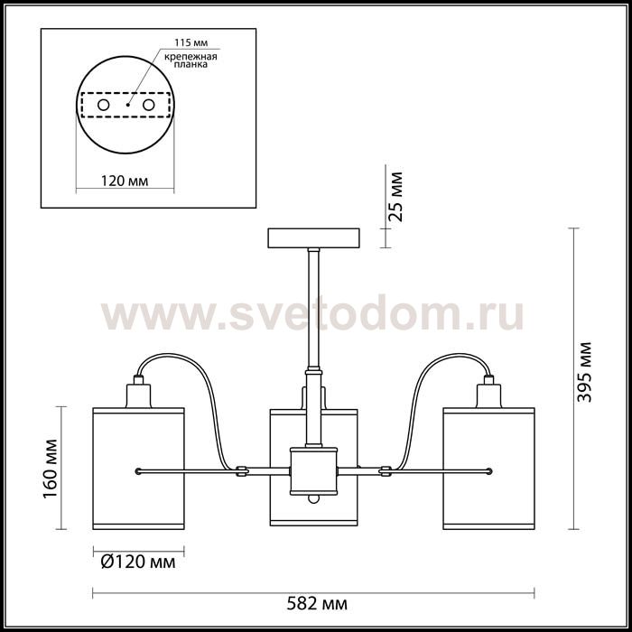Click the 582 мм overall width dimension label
tap(317, 604)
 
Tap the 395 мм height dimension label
tap(584, 372)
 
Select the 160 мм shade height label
tap(51, 469)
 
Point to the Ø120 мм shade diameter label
tap(138, 562)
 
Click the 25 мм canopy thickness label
tap(395, 197)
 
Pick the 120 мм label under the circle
tap(125, 181)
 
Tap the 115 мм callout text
tap(191, 42)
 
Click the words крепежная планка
tap(191, 60)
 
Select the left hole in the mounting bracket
tap(104, 106)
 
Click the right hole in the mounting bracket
tap(149, 106)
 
